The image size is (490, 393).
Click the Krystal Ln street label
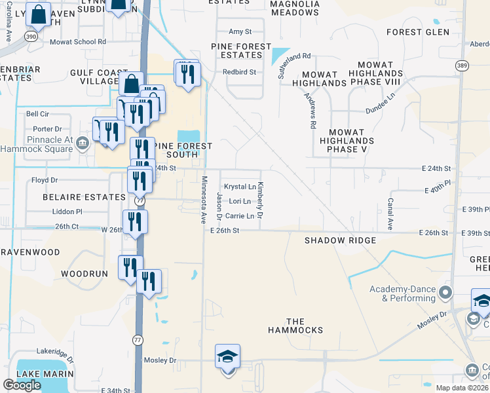240,187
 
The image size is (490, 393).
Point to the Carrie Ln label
239,215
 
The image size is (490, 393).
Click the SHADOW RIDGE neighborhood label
340,240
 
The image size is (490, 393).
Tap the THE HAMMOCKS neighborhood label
305,326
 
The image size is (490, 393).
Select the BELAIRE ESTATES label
75,196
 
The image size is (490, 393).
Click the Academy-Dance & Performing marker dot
447,292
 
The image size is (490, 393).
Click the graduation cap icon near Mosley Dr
228,356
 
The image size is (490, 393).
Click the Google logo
22,384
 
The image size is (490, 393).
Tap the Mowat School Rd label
78,41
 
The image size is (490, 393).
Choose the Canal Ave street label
389,214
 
